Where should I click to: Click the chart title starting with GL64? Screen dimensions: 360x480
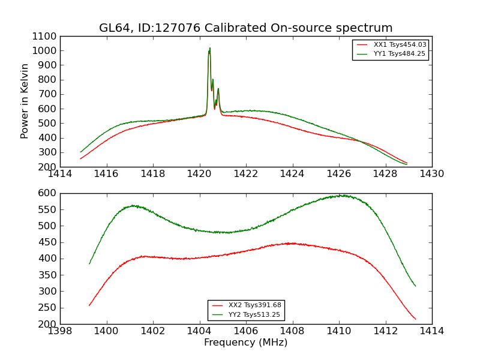245,28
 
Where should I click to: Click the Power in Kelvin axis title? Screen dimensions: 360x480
25,101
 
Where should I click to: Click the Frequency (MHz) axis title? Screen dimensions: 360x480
245,343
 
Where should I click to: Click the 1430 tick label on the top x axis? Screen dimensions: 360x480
431,174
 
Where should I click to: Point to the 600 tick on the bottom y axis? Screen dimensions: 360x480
49,193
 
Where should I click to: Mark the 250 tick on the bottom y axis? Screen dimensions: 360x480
49,308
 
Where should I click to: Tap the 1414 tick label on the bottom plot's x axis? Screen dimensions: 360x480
431,331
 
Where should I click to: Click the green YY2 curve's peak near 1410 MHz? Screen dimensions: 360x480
340,195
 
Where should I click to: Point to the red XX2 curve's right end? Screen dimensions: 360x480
415,319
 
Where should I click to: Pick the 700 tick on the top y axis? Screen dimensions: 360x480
49,94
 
